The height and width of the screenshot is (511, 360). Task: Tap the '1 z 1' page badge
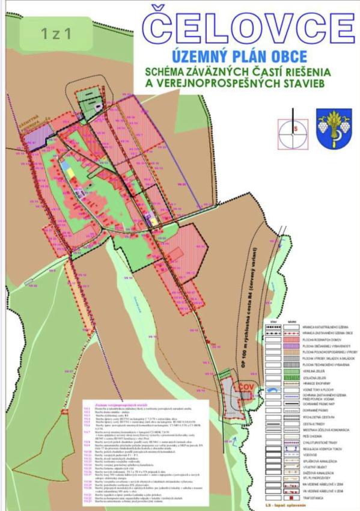coord(56,33)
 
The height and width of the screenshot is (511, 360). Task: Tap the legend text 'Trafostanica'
coord(313,498)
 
